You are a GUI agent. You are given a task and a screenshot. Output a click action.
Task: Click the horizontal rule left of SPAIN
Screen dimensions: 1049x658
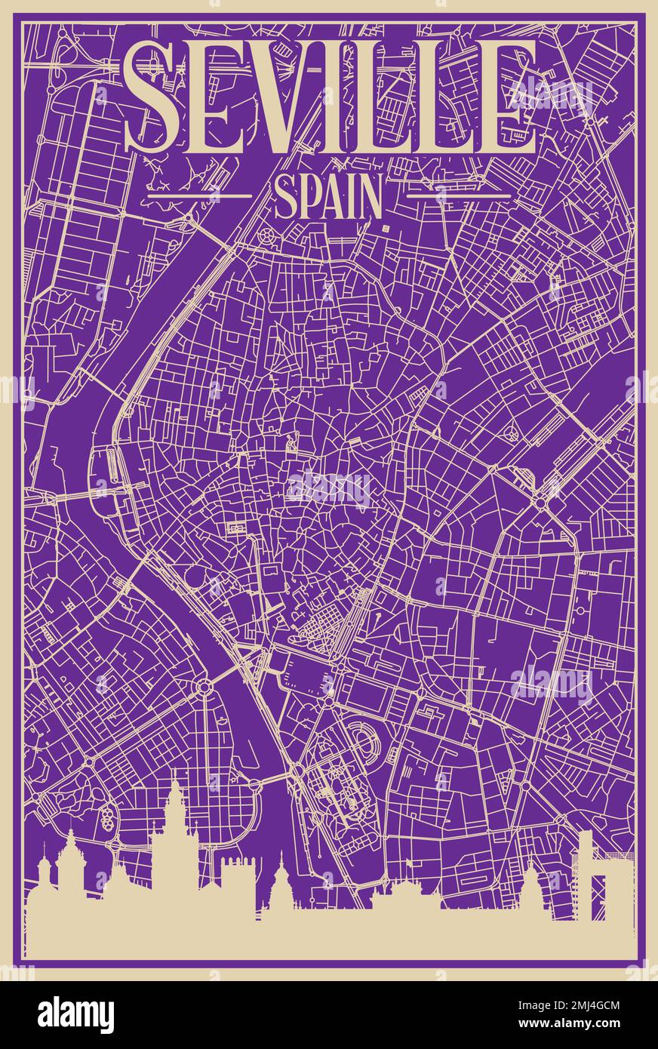click(x=199, y=195)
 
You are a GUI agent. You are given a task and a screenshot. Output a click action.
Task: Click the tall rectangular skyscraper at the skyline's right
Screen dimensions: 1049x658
click(x=585, y=875)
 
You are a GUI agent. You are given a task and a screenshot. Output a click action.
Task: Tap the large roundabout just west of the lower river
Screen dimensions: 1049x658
click(x=204, y=687)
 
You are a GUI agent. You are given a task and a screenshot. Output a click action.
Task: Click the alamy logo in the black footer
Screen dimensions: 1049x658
click(x=75, y=1014)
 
